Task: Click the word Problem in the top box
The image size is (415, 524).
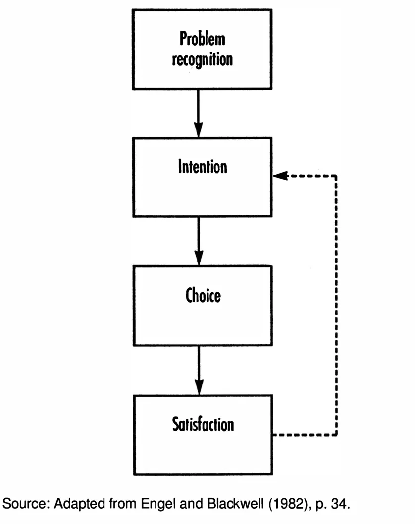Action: pos(202,38)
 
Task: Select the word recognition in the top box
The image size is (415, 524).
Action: pos(202,59)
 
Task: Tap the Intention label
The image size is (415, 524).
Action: pos(203,167)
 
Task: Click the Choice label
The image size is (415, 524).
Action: pos(203,296)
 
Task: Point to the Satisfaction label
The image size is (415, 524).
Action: pos(203,424)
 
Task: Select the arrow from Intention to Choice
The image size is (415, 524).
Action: pos(198,241)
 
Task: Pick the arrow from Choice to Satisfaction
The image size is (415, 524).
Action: pos(199,369)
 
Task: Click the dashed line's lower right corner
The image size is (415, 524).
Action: pos(337,435)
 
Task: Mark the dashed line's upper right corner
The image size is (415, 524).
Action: pos(337,176)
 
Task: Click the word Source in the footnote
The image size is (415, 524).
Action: pos(21,504)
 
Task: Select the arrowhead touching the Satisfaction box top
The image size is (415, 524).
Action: pos(199,388)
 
